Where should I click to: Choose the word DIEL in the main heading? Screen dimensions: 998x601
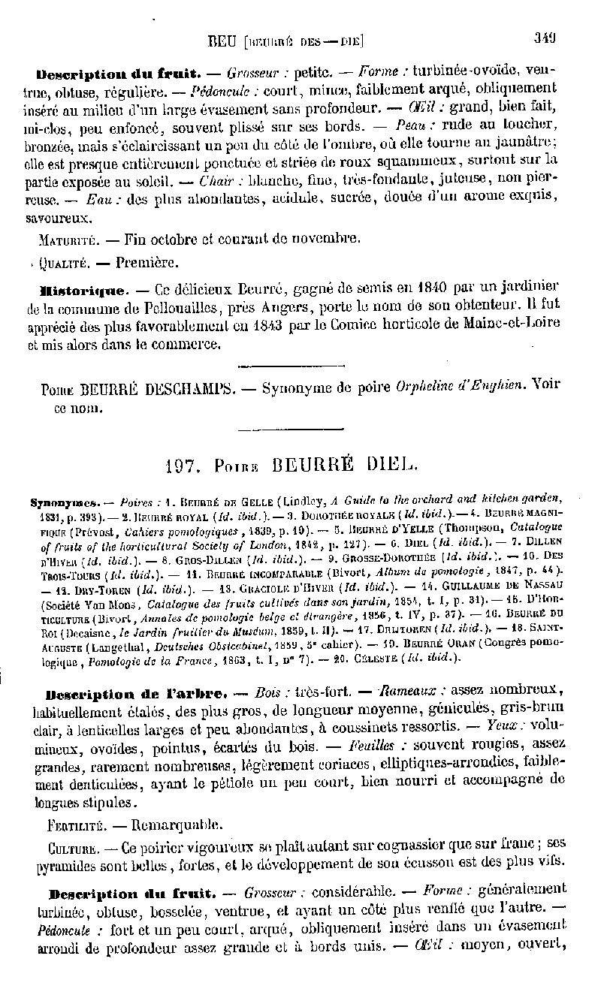(x=384, y=466)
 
